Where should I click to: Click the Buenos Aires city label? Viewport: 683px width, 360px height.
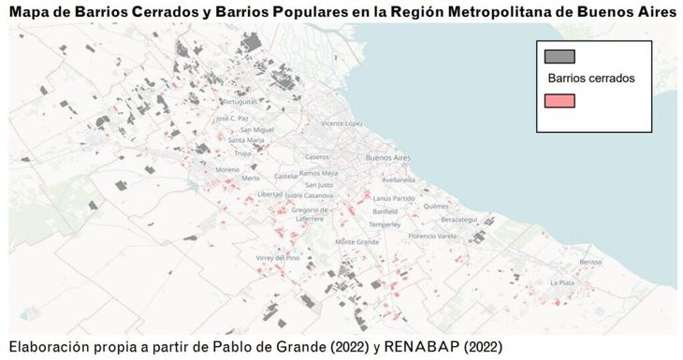[389, 157]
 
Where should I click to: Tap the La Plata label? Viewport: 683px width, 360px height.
[562, 281]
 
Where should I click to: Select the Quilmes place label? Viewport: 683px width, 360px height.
[436, 206]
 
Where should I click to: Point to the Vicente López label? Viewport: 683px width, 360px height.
[341, 123]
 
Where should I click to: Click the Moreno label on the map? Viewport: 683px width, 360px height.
[227, 169]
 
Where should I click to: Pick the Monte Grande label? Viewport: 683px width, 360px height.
[356, 241]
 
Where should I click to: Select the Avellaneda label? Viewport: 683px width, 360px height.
[398, 180]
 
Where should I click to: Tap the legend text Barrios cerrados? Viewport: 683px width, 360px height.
[590, 79]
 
